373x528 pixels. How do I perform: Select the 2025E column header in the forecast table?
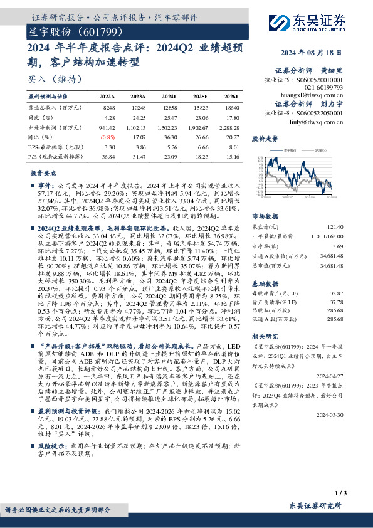click(x=201, y=97)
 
